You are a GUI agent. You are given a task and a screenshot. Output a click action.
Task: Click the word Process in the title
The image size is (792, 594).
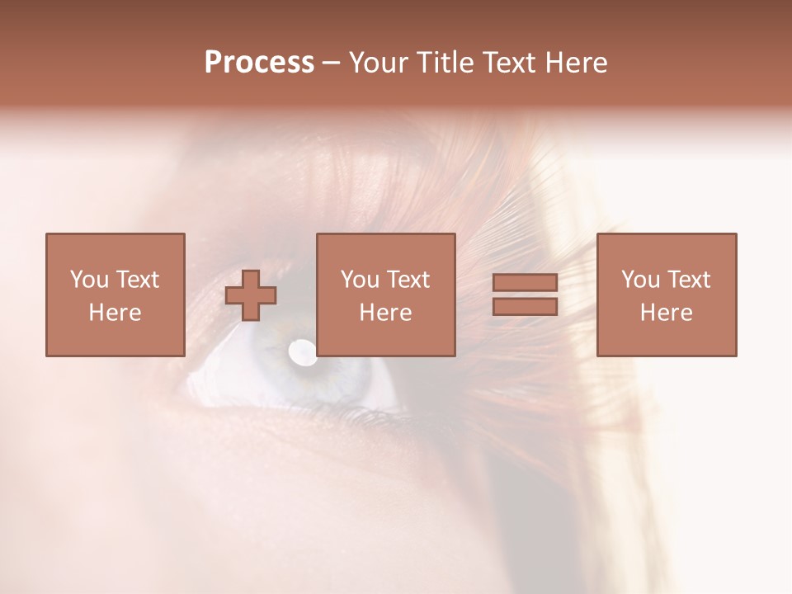(259, 63)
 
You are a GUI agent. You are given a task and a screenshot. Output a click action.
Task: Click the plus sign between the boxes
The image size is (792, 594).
(251, 295)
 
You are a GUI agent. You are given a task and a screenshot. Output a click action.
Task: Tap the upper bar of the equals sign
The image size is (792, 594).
(525, 283)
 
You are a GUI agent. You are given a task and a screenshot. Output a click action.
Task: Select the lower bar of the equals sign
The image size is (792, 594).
(525, 307)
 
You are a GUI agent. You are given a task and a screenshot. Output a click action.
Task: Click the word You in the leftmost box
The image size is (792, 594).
(88, 280)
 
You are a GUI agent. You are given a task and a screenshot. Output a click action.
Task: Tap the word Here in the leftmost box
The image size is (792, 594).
(115, 313)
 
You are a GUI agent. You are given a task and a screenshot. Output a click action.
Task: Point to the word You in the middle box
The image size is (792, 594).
(359, 280)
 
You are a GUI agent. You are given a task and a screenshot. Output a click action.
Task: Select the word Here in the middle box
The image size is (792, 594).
(385, 313)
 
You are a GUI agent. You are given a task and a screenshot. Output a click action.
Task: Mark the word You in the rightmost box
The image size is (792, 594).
(639, 280)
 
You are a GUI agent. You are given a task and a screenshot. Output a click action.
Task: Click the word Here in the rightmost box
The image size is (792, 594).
(666, 313)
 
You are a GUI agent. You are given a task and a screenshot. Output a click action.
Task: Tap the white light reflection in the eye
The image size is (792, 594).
(302, 352)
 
